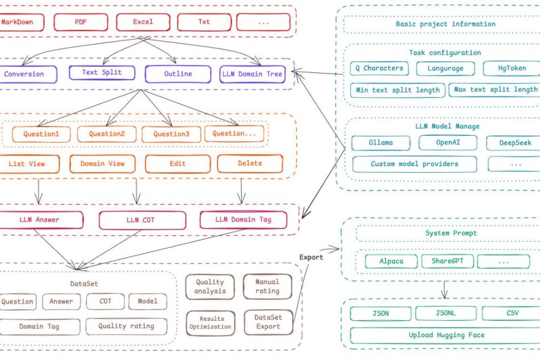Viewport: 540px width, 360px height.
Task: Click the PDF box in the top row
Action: point(80,22)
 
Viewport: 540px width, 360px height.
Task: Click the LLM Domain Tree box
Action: point(253,74)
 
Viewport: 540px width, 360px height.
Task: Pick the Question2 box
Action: point(107,134)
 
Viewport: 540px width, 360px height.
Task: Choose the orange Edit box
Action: point(177,163)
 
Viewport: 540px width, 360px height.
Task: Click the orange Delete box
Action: point(249,163)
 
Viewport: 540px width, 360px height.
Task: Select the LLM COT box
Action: point(142,220)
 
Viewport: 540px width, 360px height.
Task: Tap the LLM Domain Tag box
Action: point(241,220)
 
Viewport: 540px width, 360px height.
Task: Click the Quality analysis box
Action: point(210,287)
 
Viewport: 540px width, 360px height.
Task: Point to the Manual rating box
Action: point(267,287)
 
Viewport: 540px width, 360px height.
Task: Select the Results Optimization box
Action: point(210,322)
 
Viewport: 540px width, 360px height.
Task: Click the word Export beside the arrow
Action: point(311,257)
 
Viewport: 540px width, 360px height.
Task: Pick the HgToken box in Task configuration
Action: point(511,68)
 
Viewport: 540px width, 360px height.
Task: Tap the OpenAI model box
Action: point(448,143)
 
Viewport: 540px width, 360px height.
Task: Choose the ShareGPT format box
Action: point(448,261)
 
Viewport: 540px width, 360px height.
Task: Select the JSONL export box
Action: point(446,313)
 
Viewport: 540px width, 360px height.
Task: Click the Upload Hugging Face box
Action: point(446,335)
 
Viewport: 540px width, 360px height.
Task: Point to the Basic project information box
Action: point(446,24)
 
